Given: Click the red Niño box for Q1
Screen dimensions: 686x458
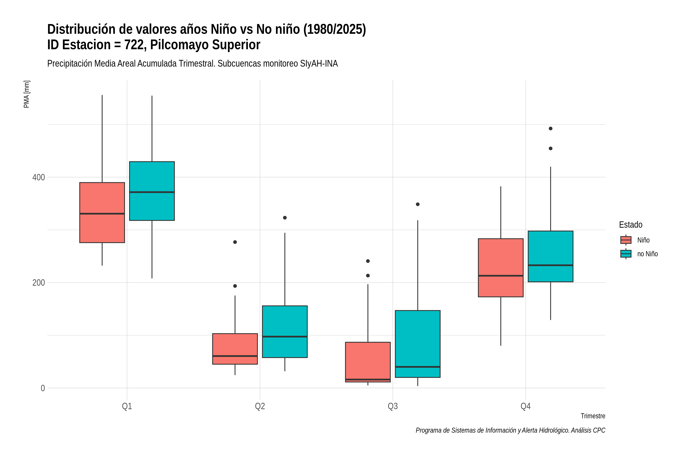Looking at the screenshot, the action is coord(102,213).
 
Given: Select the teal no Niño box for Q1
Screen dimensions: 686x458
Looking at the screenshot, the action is coord(152,191).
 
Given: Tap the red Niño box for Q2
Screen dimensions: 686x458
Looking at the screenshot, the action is coord(235,349).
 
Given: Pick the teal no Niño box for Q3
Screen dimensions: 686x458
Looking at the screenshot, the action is coord(418,344).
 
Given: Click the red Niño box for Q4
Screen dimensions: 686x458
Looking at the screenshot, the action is coord(501,268).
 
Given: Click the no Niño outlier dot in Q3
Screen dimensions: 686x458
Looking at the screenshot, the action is coord(418,204).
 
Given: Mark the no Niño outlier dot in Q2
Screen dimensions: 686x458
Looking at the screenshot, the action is coord(285,218).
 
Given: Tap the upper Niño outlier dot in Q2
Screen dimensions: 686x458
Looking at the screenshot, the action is coord(235,242).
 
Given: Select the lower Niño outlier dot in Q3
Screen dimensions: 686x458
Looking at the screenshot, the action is coord(368,275).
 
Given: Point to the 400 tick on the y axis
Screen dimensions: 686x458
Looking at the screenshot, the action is coord(38,177).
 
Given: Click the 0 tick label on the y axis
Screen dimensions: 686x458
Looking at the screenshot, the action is coord(42,388).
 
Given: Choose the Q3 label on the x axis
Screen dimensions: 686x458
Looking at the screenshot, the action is coord(393,406).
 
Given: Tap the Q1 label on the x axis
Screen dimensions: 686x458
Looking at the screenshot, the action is coord(127,406).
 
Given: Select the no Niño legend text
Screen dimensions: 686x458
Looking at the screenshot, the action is coord(648,254).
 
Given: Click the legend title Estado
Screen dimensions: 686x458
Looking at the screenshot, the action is coord(631,225).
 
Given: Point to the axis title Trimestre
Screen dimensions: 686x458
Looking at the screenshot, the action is coord(593,416).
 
